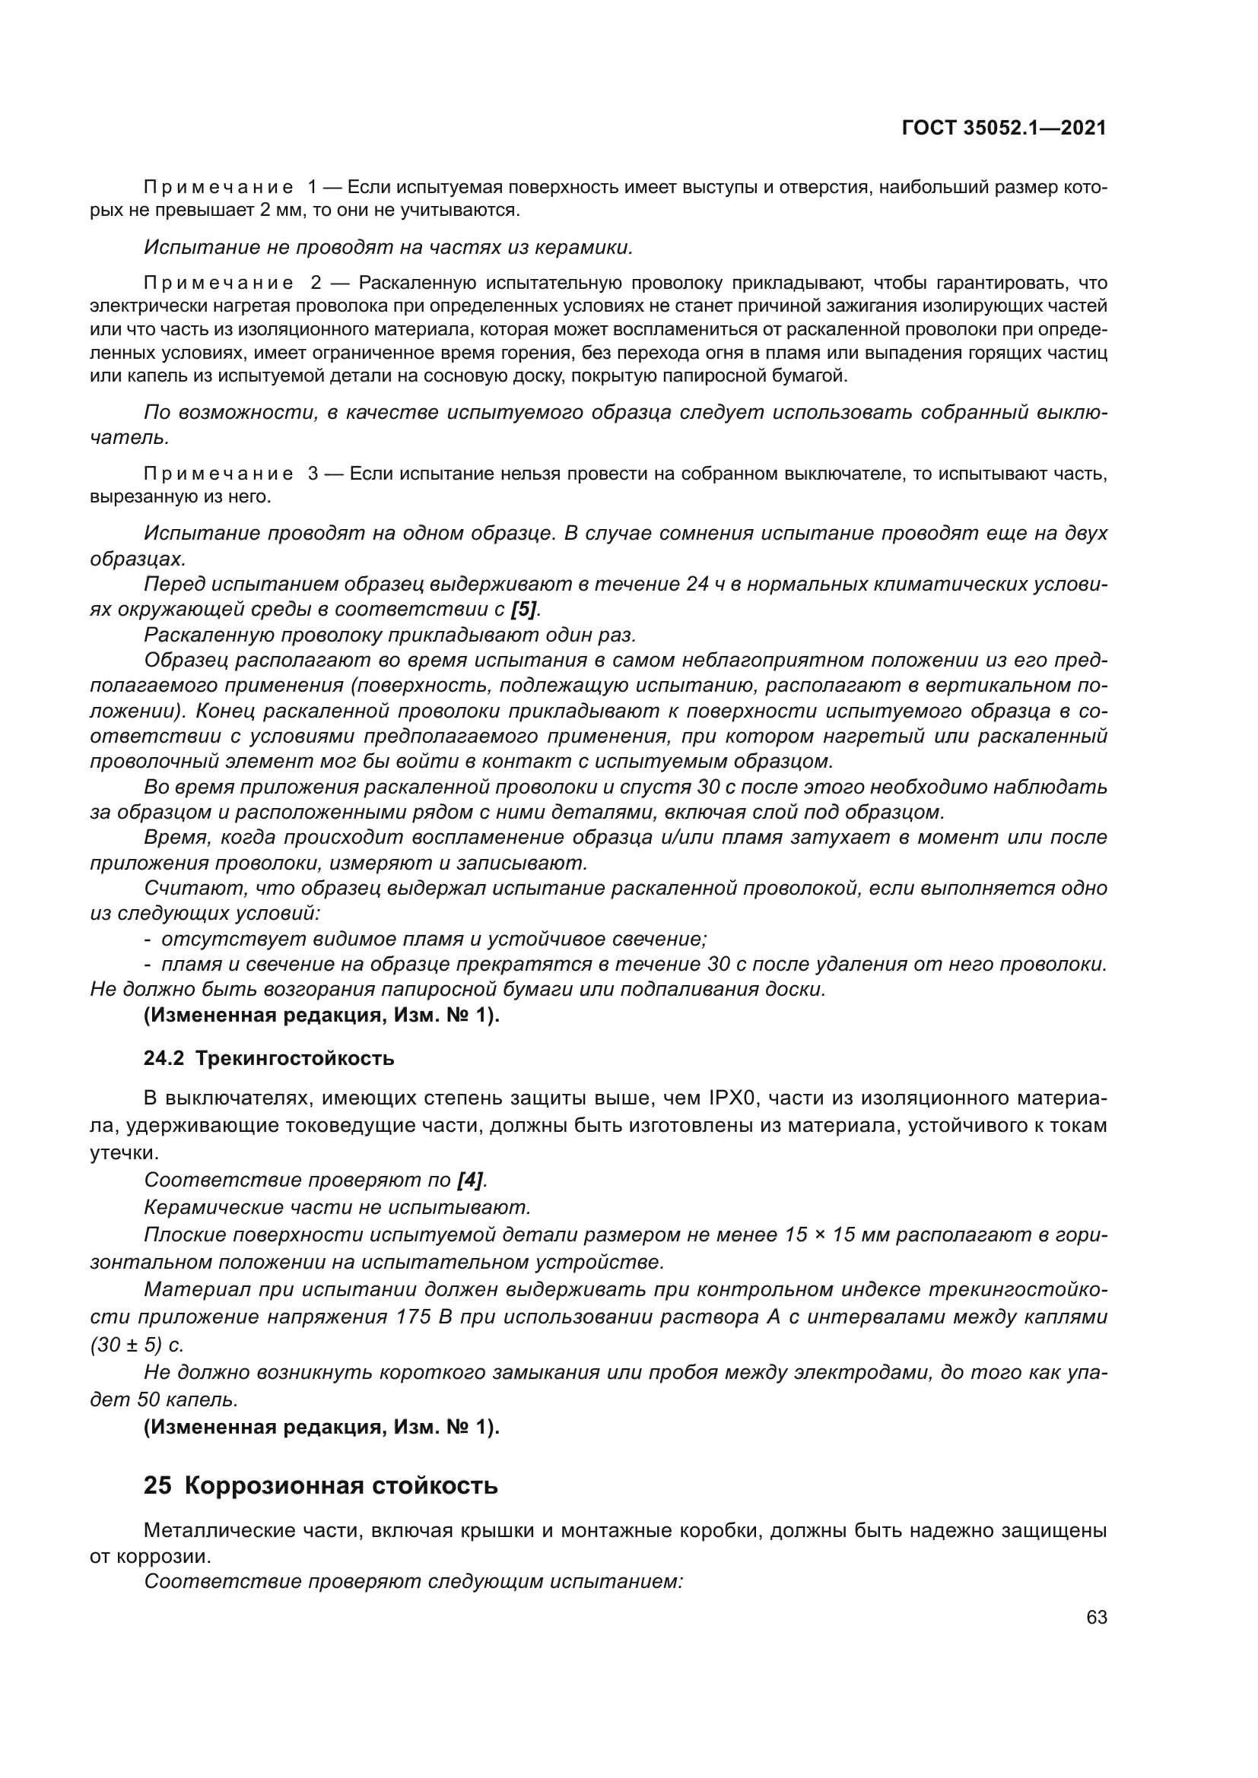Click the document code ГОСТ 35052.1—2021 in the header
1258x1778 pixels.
click(x=1004, y=128)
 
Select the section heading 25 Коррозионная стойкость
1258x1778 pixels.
click(x=320, y=1486)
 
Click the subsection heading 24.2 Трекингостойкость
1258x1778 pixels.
click(x=268, y=1059)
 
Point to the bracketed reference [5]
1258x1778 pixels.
click(x=523, y=610)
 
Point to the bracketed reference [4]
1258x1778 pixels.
click(x=470, y=1181)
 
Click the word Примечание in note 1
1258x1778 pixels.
click(x=218, y=188)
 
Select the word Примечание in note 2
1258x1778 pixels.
click(x=218, y=283)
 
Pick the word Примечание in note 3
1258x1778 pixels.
click(x=218, y=473)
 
